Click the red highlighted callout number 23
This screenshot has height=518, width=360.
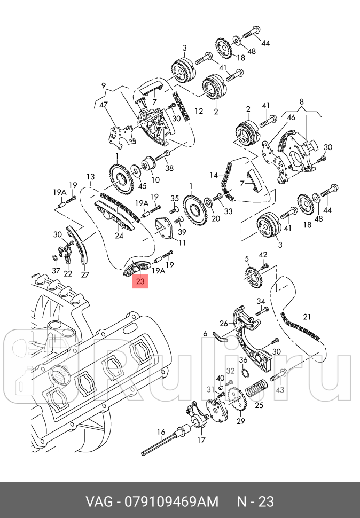[140, 281]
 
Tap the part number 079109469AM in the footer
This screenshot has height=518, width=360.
[171, 501]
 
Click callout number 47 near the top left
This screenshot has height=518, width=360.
[104, 105]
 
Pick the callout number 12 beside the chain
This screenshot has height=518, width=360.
[199, 111]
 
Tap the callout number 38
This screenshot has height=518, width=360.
[169, 168]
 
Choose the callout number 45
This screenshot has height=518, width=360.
[142, 186]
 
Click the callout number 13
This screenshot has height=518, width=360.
[90, 177]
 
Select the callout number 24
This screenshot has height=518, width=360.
[119, 236]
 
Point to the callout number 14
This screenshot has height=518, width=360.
[214, 175]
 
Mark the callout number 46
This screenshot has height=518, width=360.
[291, 117]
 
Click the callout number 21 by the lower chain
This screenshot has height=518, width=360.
[307, 317]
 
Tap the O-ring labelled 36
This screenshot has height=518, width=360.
[244, 373]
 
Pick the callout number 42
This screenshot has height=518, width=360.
[263, 255]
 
